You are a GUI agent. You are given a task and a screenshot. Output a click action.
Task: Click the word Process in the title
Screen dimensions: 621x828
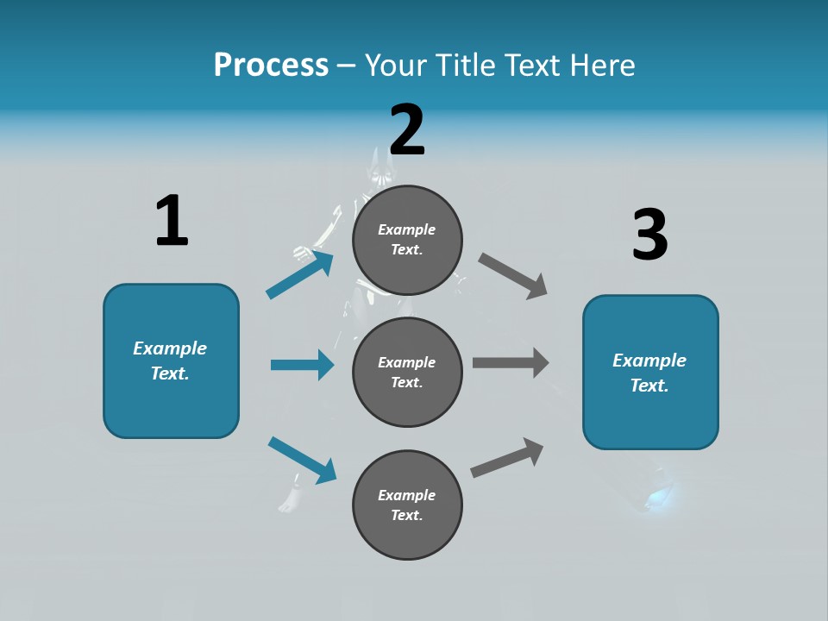271,65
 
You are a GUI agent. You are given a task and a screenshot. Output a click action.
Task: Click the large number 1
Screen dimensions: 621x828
172,221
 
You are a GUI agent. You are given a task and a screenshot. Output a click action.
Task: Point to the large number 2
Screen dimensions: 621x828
407,129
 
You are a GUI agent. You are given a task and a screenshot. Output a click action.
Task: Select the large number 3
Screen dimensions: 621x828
649,235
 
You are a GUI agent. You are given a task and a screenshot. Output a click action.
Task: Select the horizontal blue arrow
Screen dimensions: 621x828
302,365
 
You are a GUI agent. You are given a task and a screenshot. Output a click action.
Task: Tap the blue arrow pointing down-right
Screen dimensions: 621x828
302,459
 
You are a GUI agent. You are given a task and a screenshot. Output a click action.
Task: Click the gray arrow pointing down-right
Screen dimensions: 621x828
513,275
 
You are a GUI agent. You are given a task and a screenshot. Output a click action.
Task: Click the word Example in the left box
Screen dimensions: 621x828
170,348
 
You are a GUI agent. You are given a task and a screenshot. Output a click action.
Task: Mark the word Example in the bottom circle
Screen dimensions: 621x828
407,495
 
